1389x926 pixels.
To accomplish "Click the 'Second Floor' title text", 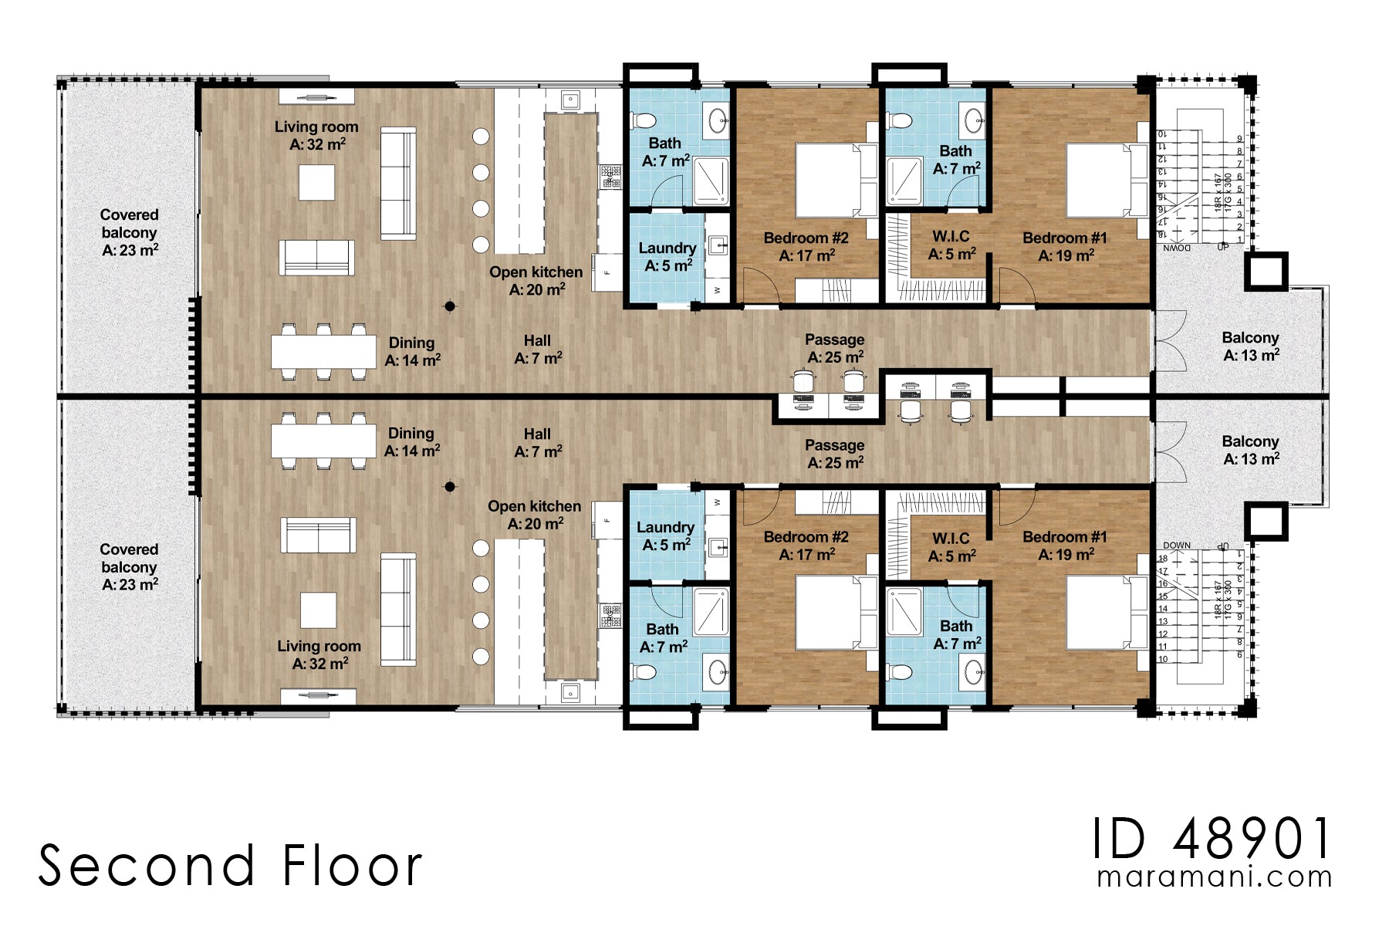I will [230, 865].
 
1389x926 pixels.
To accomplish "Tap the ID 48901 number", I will [1212, 839].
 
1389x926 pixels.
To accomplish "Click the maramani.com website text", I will [1214, 877].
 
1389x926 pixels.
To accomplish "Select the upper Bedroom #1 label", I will [1065, 246].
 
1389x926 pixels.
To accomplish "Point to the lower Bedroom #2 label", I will [806, 545].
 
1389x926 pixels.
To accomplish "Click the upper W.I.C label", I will [951, 245].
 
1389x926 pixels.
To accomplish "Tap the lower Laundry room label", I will [665, 536].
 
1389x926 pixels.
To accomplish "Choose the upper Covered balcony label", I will [129, 231].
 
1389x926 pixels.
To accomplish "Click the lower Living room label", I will [319, 654].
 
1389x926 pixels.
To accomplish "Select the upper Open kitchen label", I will [536, 280].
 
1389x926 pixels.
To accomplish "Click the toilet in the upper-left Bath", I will [643, 120].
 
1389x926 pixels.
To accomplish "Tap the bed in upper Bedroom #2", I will [830, 180].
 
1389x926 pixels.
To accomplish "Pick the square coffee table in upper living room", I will [316, 183].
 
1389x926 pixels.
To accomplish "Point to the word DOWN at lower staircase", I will [1176, 545].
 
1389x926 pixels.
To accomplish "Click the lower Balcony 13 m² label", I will [1250, 450].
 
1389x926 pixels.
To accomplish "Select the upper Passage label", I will [834, 348].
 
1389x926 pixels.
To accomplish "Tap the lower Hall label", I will [537, 442].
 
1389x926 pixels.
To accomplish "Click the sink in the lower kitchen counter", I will [569, 692].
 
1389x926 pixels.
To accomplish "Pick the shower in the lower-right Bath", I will [904, 611].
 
